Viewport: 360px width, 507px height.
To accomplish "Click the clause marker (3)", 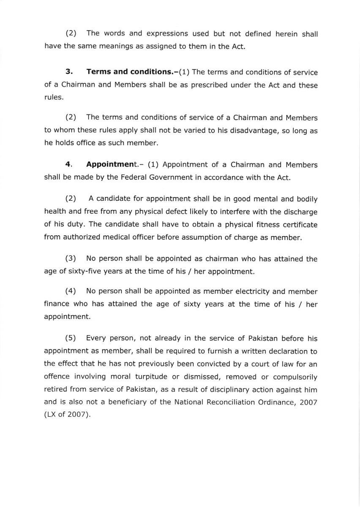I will [71, 259].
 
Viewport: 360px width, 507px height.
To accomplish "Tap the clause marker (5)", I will [71, 338].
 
